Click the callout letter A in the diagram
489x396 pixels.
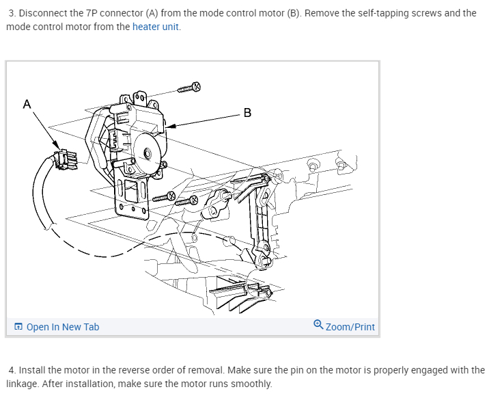27,104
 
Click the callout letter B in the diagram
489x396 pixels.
247,113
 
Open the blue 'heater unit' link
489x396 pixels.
156,27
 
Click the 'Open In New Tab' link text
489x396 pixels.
63,327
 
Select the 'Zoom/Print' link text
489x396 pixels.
350,327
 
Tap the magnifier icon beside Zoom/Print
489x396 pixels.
318,326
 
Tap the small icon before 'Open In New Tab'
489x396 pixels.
18,327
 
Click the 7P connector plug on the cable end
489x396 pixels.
66,159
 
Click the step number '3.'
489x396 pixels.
13,13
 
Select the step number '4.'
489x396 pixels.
13,370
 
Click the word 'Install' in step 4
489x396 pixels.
32,370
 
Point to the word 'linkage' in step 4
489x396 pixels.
22,384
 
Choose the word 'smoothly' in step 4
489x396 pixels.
250,384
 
